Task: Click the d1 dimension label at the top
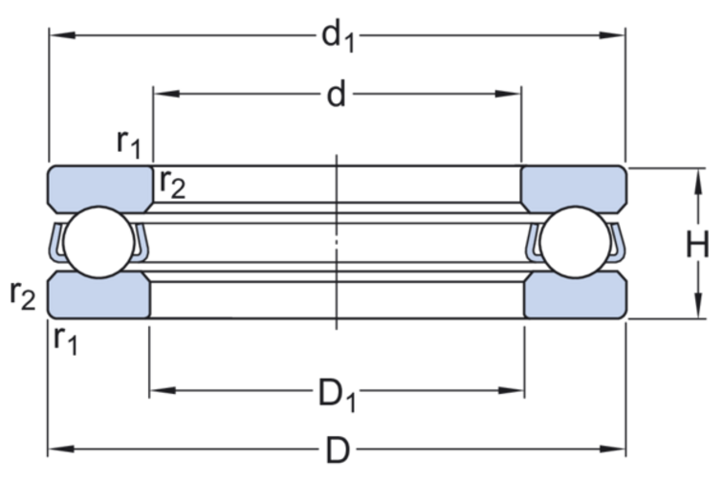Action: click(337, 37)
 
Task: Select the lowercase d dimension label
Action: click(336, 95)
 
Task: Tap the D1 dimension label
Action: click(337, 392)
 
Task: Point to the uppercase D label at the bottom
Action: click(336, 449)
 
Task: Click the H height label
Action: click(696, 245)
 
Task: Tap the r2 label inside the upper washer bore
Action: click(172, 182)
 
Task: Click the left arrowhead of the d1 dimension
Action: click(57, 37)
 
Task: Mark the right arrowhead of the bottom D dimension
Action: click(616, 449)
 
